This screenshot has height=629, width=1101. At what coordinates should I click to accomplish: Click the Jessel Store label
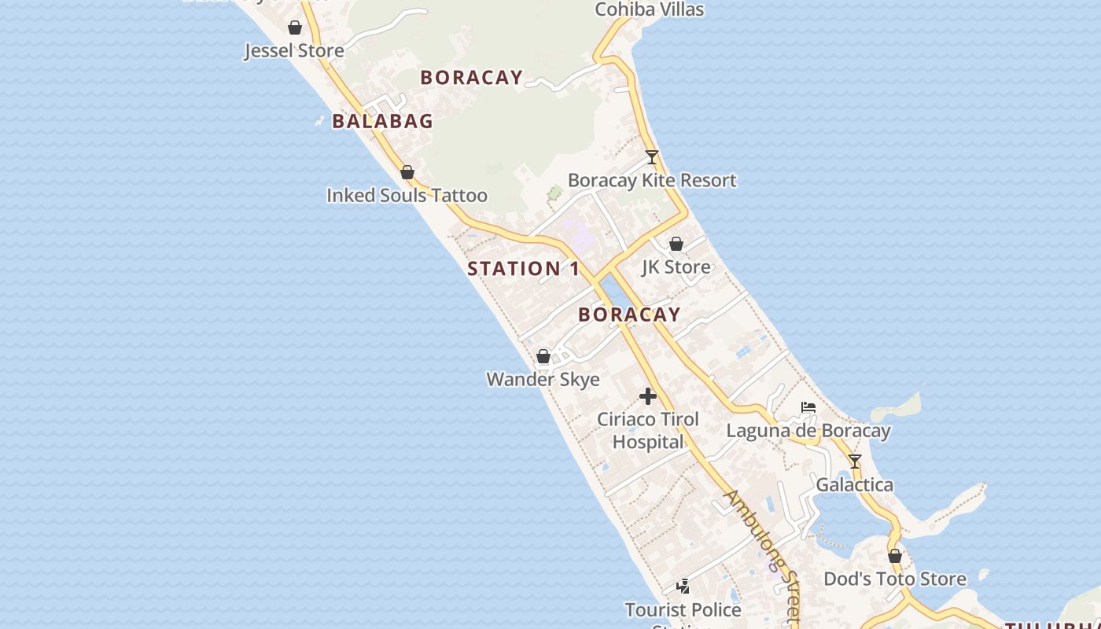[x=294, y=51]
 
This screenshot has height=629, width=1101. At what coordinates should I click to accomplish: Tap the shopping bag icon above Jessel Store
[x=295, y=28]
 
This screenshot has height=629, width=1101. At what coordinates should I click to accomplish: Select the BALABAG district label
[x=382, y=121]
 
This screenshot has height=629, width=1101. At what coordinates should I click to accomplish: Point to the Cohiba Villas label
[x=649, y=9]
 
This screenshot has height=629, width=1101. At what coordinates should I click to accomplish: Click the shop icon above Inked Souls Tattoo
[x=407, y=172]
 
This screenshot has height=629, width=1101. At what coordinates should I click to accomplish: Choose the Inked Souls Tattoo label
[x=407, y=195]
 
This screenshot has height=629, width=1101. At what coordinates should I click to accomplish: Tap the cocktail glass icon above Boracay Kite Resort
[x=651, y=157]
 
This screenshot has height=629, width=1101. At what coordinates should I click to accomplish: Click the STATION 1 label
[x=524, y=269]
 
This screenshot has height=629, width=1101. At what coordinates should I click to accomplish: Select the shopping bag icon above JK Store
[x=676, y=245]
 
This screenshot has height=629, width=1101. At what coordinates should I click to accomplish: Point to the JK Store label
[x=676, y=267]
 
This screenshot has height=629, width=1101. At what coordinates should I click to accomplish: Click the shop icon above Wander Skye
[x=543, y=357]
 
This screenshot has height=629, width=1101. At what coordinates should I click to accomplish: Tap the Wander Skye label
[x=543, y=380]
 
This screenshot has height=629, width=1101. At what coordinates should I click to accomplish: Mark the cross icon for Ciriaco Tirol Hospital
[x=648, y=396]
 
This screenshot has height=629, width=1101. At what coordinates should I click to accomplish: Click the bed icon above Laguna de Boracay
[x=808, y=407]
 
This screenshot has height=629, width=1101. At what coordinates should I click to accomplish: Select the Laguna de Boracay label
[x=808, y=431]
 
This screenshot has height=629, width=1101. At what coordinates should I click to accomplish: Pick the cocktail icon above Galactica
[x=855, y=462]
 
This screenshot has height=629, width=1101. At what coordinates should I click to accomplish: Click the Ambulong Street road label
[x=762, y=550]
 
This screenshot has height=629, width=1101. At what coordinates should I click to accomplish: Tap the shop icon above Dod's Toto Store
[x=895, y=556]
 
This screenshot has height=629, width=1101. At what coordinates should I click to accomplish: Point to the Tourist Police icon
[x=683, y=587]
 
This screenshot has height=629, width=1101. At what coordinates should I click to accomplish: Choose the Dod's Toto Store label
[x=895, y=579]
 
